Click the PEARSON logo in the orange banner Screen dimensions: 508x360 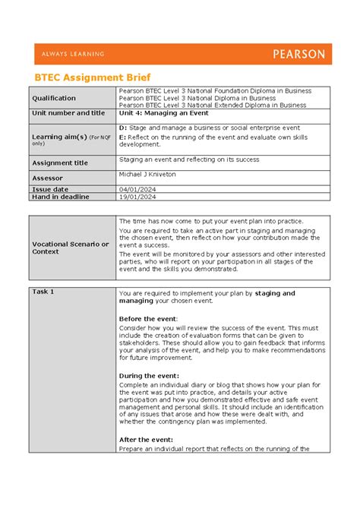point(298,54)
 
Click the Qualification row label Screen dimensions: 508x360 point(53,98)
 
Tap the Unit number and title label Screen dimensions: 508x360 point(68,113)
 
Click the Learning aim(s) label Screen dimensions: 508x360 point(58,136)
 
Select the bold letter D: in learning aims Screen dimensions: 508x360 point(123,128)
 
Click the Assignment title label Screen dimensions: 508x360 point(60,162)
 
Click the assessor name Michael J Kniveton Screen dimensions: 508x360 point(153,174)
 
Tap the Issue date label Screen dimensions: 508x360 point(49,188)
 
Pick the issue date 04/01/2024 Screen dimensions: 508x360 point(137,188)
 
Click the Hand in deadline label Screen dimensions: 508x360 point(60,197)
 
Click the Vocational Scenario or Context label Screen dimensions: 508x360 point(69,248)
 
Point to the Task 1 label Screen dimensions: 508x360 point(43,292)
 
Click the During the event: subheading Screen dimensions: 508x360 point(150,375)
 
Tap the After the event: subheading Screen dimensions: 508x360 point(147,440)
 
